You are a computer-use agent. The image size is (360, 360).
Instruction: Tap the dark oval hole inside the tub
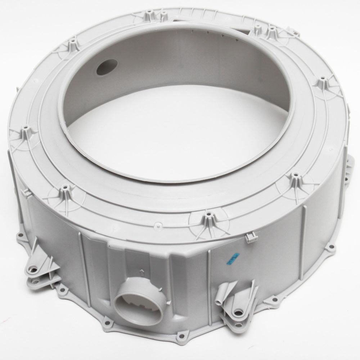[x=107, y=66]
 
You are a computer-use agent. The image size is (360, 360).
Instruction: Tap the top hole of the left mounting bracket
[x=35, y=267]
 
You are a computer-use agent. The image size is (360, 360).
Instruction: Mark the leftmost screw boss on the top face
[x=26, y=128]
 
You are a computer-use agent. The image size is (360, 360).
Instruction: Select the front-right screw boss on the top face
[x=295, y=175]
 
